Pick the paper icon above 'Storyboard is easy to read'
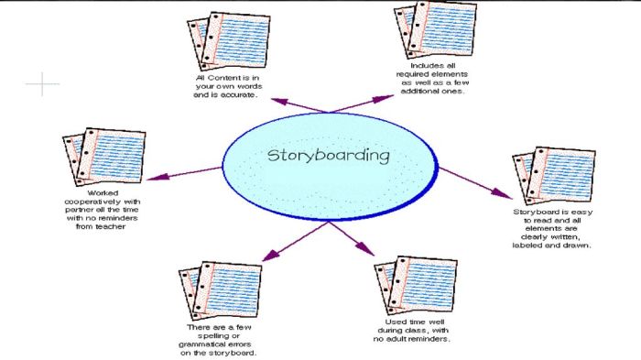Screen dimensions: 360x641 552,176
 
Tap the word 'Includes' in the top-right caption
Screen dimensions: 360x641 427,67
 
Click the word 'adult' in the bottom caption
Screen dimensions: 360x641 412,339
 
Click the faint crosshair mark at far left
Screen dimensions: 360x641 41,85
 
